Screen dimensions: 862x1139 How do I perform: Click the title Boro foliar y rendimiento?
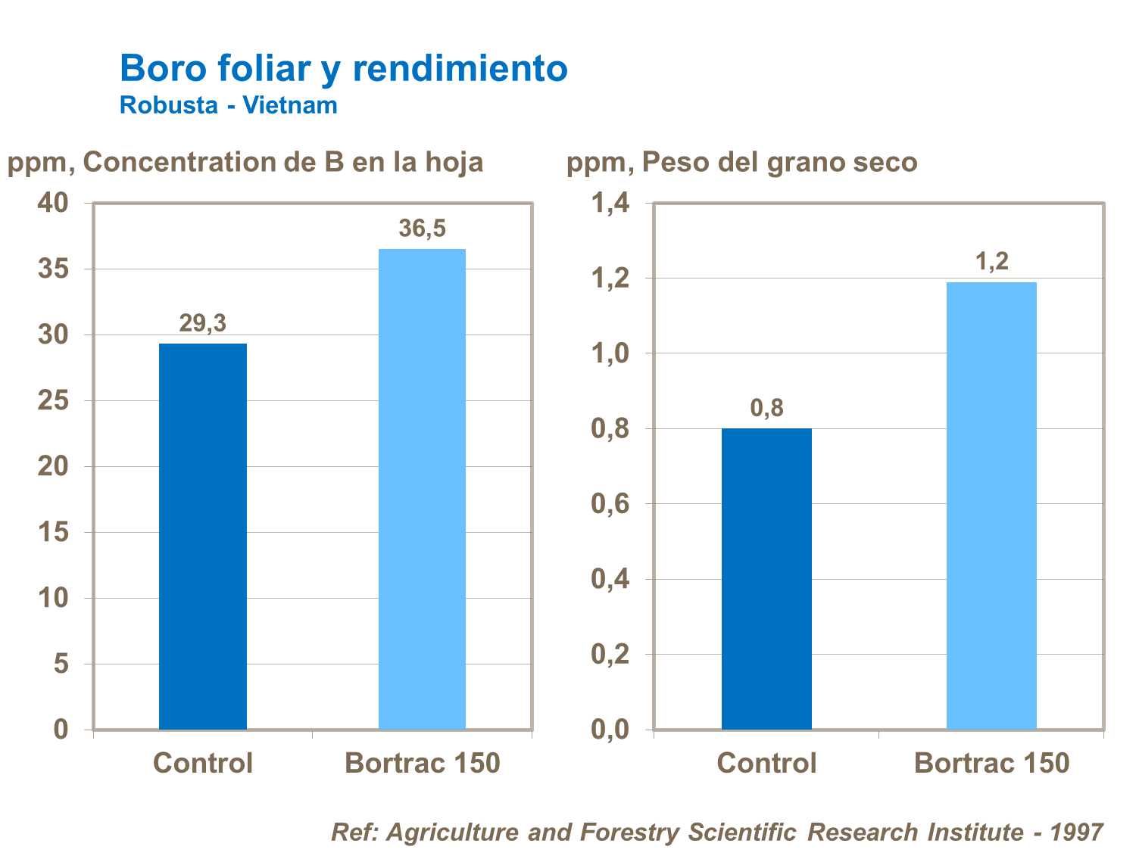pyautogui.click(x=343, y=68)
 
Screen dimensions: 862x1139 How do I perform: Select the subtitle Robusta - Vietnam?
pyautogui.click(x=228, y=105)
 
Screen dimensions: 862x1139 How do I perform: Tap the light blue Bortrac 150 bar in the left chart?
pyautogui.click(x=422, y=489)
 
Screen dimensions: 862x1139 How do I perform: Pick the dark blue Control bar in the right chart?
pyautogui.click(x=766, y=578)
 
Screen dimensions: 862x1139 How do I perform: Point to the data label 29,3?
pyautogui.click(x=202, y=323)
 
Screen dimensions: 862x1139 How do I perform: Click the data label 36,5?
pyautogui.click(x=422, y=228)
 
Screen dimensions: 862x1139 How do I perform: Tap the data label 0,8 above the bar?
pyautogui.click(x=766, y=408)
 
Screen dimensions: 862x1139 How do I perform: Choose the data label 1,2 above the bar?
pyautogui.click(x=991, y=261)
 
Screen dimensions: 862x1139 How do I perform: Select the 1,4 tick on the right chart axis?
pyautogui.click(x=610, y=203)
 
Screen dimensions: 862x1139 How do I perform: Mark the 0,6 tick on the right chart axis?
pyautogui.click(x=610, y=504)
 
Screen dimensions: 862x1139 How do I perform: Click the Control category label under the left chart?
pyautogui.click(x=202, y=763)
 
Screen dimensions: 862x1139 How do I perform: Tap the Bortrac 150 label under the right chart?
pyautogui.click(x=991, y=763)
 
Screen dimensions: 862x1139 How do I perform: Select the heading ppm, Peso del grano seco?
pyautogui.click(x=741, y=162)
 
